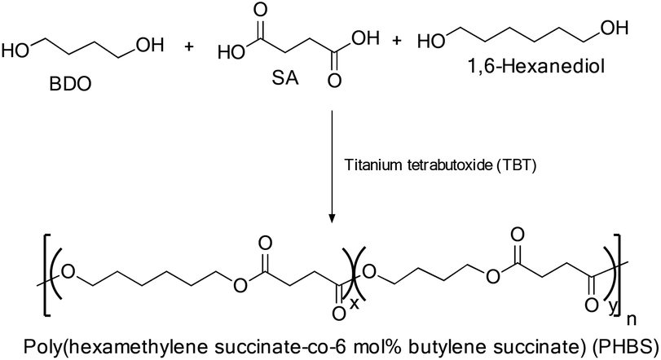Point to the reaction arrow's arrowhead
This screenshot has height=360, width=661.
pos(332,217)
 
